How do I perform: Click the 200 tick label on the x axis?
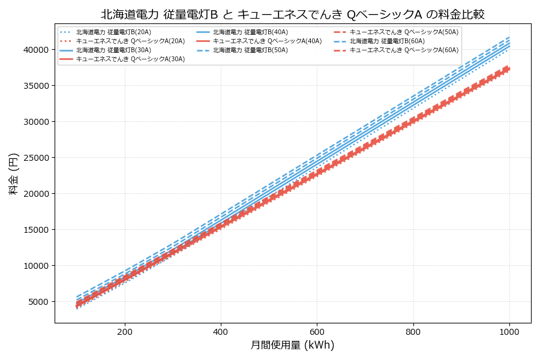(125, 331)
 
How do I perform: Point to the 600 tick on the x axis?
(317, 331)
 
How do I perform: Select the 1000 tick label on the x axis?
(509, 331)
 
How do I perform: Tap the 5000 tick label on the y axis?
(38, 302)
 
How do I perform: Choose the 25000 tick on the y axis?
(36, 158)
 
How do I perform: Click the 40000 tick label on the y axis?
(36, 50)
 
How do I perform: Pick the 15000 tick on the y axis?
(36, 230)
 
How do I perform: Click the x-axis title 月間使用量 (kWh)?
(292, 346)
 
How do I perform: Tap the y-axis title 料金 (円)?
(13, 173)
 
